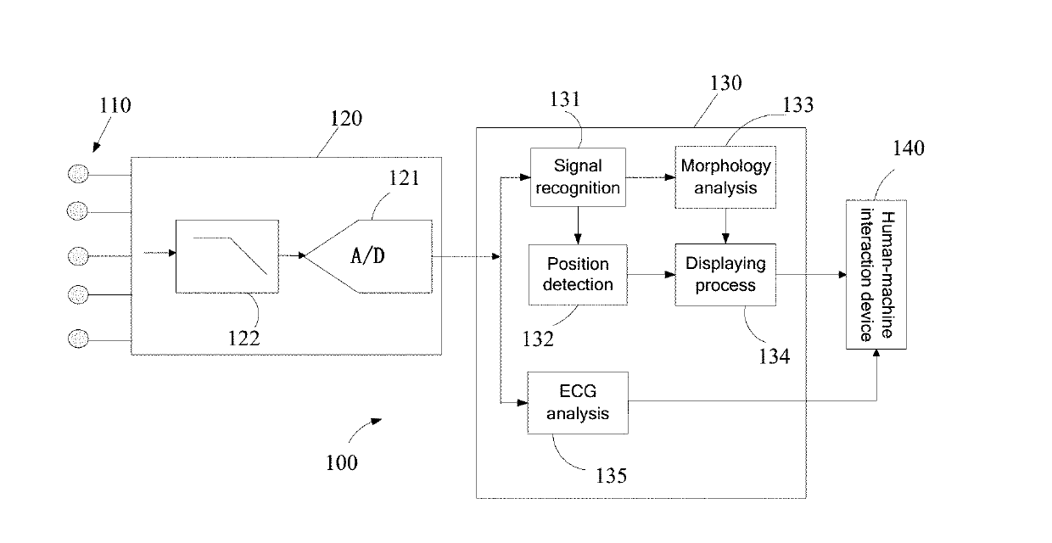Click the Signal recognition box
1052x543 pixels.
(x=578, y=177)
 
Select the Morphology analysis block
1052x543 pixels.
(x=725, y=177)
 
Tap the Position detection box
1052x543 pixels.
(x=578, y=275)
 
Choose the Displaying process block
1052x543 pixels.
(x=725, y=275)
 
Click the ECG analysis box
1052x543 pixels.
(x=578, y=402)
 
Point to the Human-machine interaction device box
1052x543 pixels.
(x=876, y=274)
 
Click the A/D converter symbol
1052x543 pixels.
(x=369, y=256)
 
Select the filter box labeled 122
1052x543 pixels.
(x=227, y=256)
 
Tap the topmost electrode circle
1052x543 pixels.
(x=78, y=174)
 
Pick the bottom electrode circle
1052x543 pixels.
(x=78, y=339)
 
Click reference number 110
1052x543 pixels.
(x=115, y=105)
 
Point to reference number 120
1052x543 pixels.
(x=346, y=119)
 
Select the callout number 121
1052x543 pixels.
(x=404, y=178)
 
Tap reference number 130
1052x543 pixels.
(x=725, y=83)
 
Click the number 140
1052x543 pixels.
(x=909, y=148)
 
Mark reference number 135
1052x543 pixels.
(x=611, y=476)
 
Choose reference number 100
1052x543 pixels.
(x=341, y=463)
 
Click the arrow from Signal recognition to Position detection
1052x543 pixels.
(x=578, y=226)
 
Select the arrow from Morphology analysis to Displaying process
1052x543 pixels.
(x=725, y=226)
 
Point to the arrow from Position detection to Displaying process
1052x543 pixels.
(x=652, y=275)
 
